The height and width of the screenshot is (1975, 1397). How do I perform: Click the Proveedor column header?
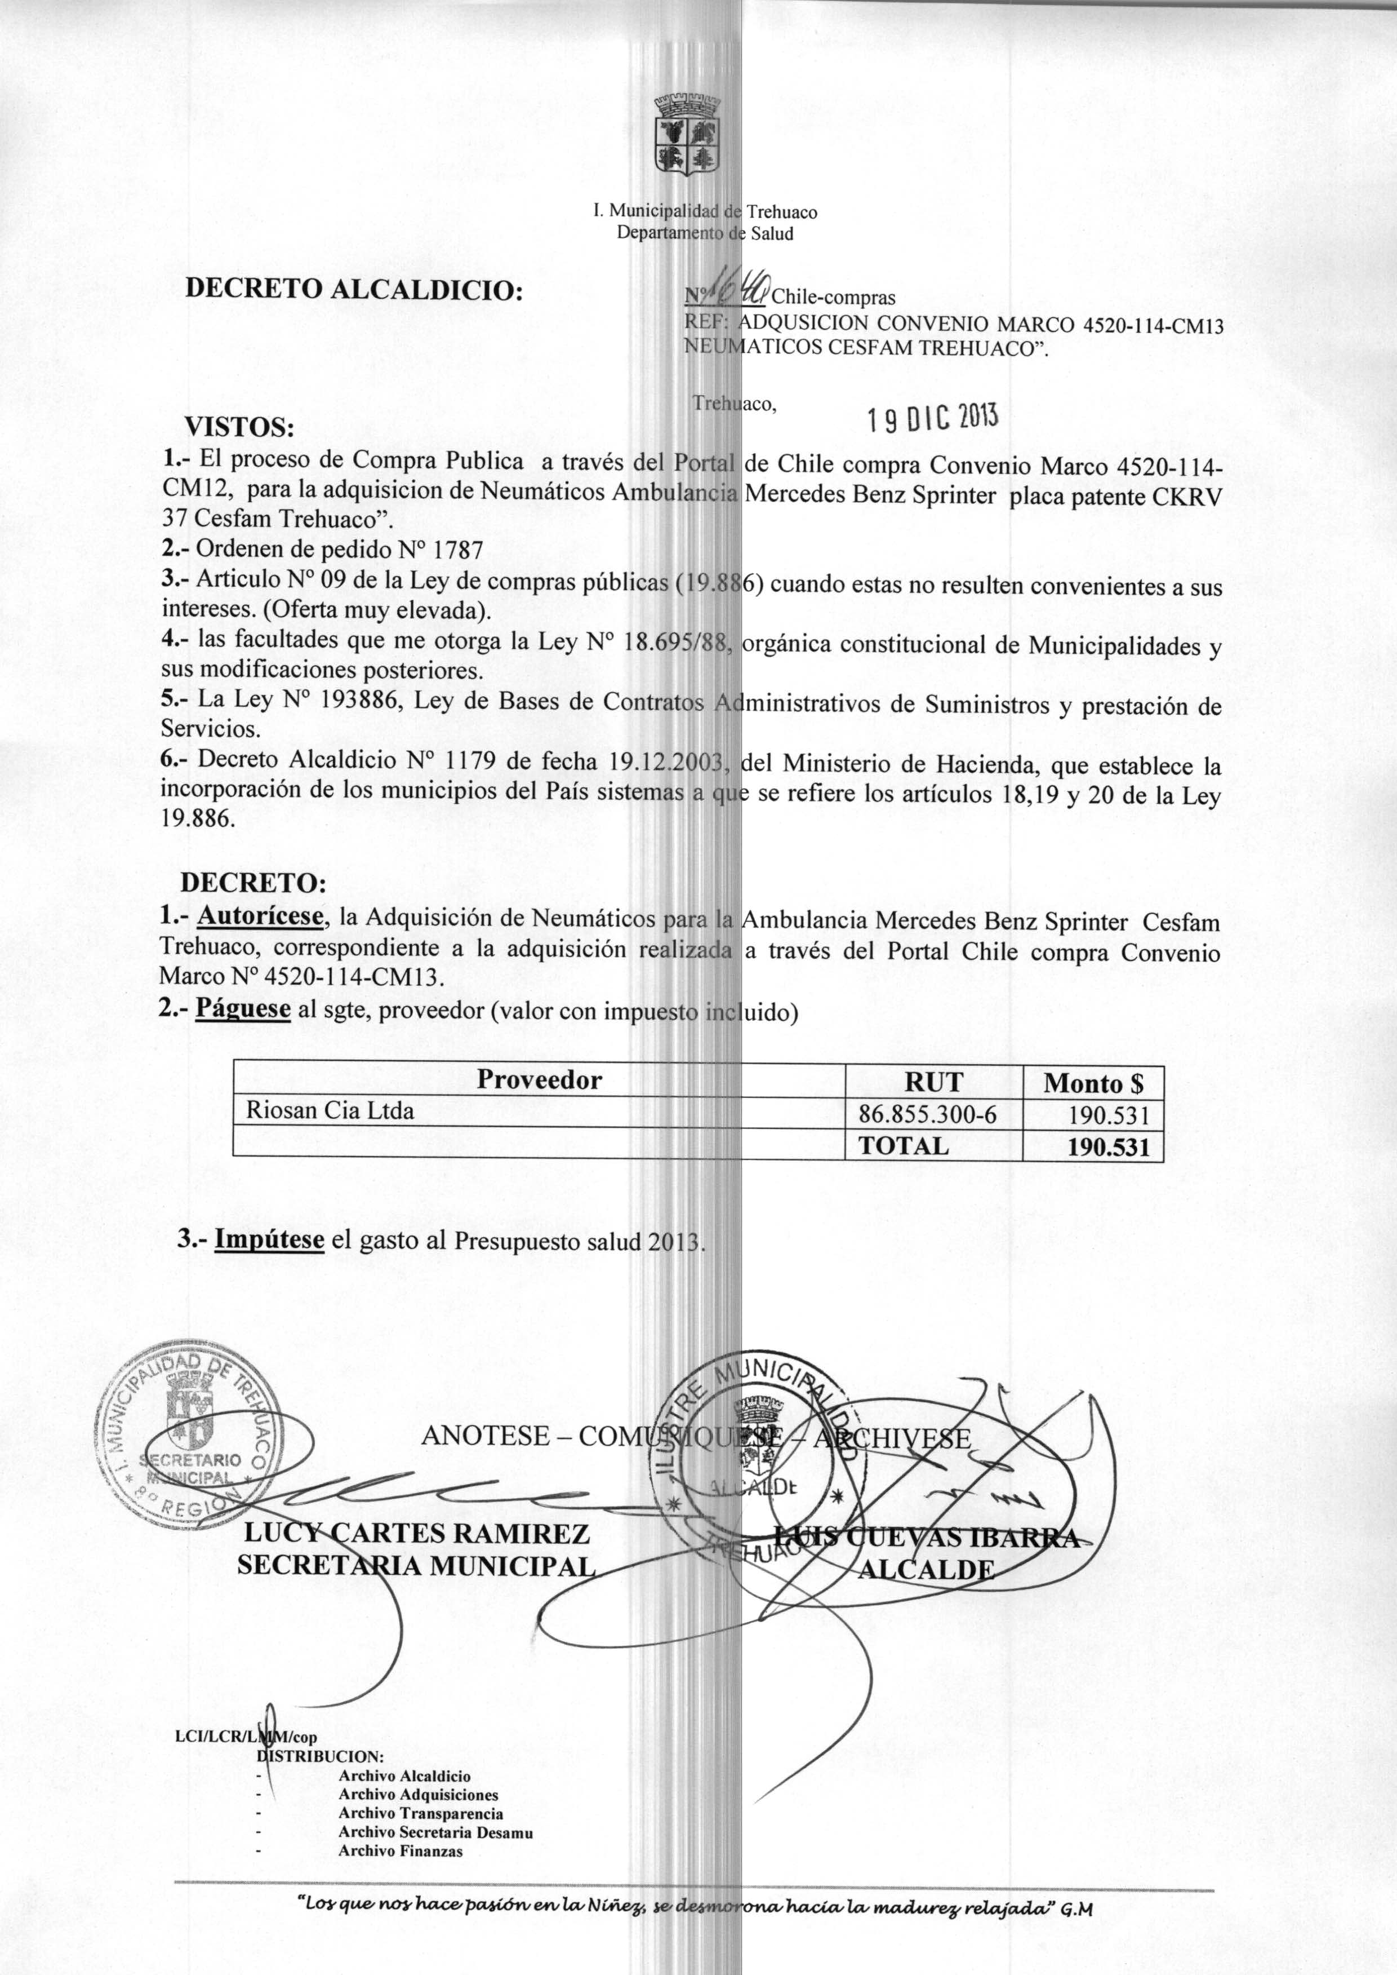pos(539,1080)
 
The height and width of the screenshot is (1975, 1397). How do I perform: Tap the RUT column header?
pos(933,1082)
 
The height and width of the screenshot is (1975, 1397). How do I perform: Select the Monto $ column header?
pos(1092,1083)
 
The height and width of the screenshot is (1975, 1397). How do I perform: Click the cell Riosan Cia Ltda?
pos(330,1111)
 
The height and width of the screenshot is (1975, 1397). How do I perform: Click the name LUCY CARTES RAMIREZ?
pos(417,1534)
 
